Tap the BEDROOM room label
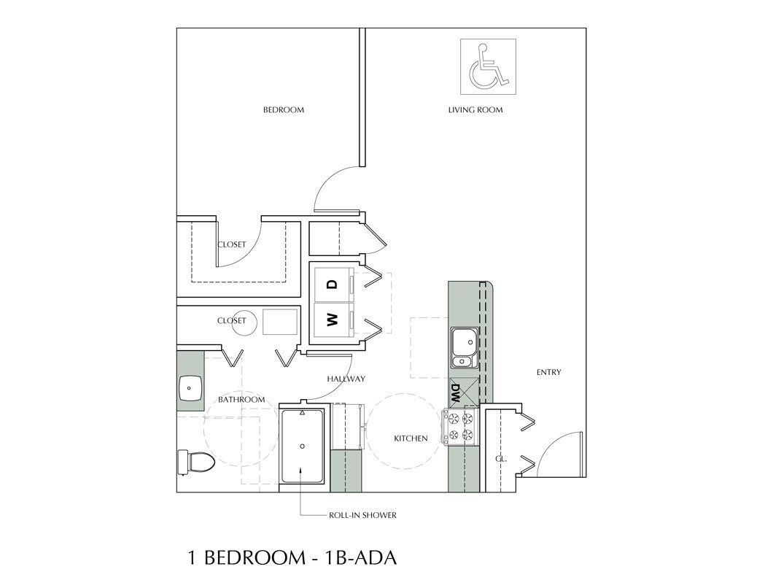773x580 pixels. tap(283, 110)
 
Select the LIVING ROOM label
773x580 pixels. tap(475, 110)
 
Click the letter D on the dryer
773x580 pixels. tap(332, 283)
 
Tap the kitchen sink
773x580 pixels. tap(463, 341)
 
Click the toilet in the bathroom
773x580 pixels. tap(195, 461)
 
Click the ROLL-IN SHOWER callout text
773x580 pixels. tap(362, 515)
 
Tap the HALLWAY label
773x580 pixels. tap(346, 379)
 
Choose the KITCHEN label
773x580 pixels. tap(411, 438)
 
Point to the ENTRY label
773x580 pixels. tap(548, 372)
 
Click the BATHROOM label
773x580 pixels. tap(241, 400)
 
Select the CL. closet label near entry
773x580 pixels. tap(500, 459)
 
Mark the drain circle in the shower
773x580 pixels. tap(302, 445)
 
